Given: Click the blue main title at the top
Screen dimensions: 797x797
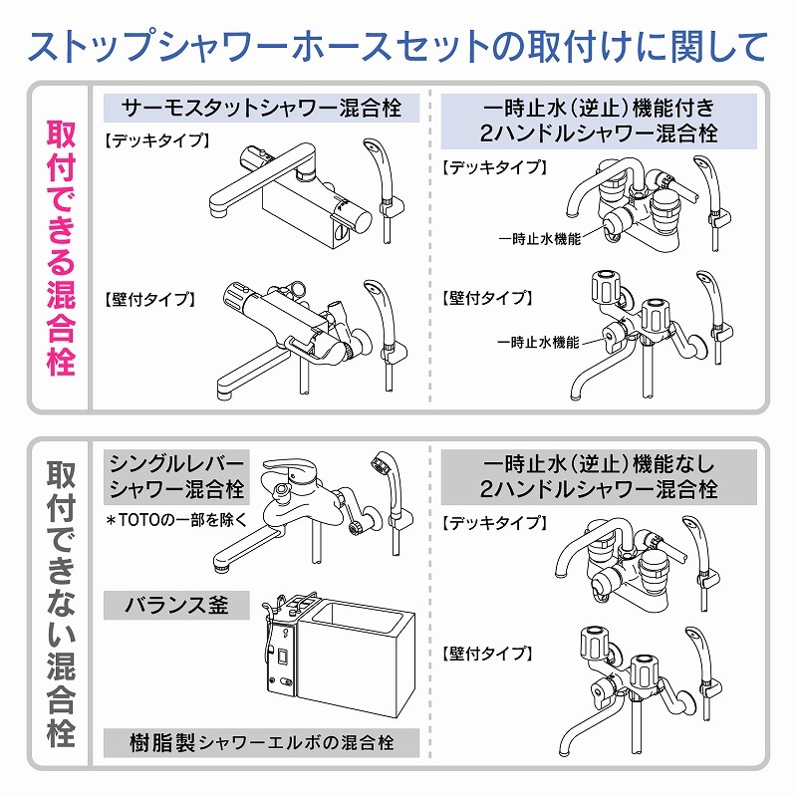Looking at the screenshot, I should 398,46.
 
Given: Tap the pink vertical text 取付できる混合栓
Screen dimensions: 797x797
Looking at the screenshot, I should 61,248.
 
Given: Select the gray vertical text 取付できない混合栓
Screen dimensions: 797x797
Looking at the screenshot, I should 61,604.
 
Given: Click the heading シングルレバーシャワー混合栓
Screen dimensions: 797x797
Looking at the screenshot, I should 176,476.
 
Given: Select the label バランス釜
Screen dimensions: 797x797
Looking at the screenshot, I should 176,604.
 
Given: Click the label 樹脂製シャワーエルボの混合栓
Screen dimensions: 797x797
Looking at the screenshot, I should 261,742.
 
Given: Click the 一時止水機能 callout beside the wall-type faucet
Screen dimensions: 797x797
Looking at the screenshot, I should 539,342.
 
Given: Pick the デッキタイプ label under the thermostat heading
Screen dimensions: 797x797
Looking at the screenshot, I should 156,140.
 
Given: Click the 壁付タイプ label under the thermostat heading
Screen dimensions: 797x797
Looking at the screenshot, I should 149,298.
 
